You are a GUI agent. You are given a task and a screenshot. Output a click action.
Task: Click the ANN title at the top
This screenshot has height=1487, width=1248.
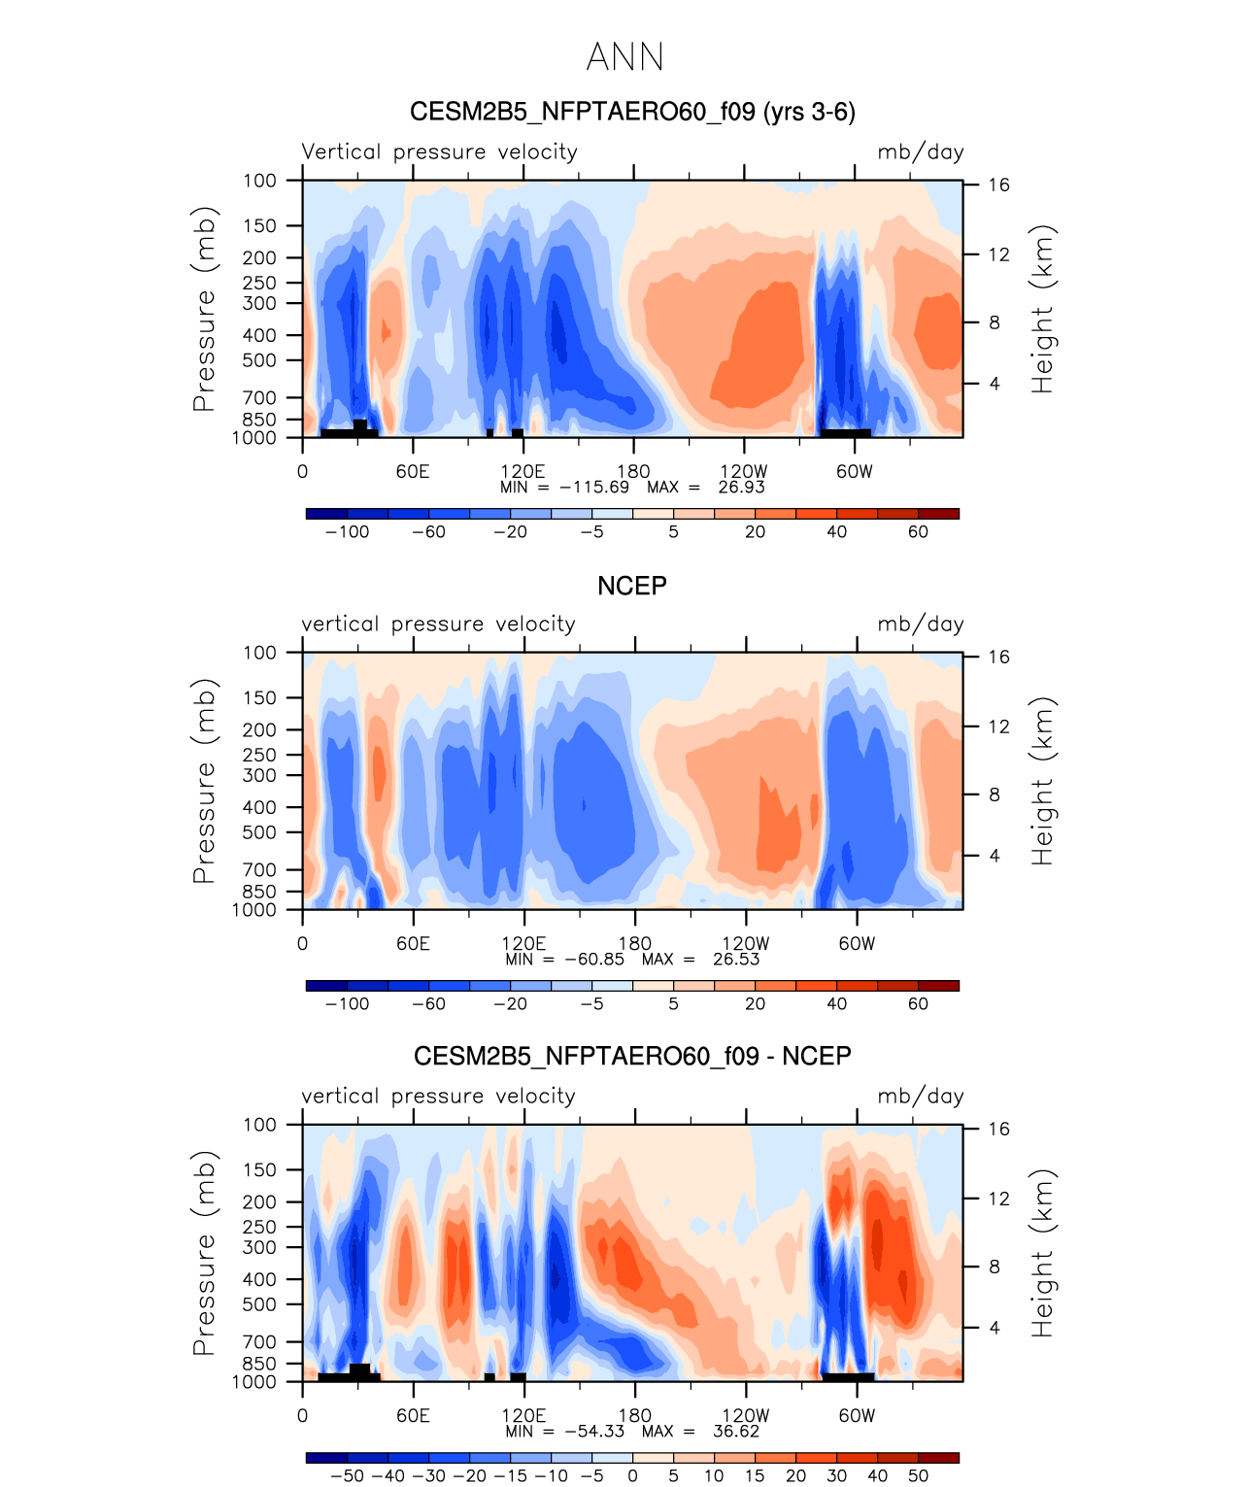624,57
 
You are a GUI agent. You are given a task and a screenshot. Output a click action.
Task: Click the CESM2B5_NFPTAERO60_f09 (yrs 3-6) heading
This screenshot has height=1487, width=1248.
632,112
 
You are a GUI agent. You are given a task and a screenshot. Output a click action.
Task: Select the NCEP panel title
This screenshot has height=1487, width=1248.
632,586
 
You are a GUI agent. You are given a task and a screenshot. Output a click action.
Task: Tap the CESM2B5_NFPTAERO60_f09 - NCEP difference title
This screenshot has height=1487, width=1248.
632,1056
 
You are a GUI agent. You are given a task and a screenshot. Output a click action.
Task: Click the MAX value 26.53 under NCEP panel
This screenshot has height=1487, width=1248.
736,960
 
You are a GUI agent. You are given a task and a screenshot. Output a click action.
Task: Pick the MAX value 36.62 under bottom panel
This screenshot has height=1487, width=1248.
736,1432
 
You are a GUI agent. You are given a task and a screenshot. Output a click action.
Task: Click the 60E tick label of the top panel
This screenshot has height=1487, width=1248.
413,471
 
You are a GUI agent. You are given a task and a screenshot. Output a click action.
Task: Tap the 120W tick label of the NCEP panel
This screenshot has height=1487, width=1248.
745,944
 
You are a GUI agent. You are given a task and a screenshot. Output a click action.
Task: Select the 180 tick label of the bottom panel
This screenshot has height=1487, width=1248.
634,1416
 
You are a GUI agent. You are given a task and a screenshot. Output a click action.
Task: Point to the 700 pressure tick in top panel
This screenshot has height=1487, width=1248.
258,397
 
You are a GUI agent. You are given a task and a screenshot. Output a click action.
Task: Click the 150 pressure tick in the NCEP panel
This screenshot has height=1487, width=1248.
258,698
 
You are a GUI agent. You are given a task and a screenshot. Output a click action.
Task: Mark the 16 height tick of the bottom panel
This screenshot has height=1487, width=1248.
998,1129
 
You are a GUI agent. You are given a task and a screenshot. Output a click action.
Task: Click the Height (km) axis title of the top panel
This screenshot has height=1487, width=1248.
1041,309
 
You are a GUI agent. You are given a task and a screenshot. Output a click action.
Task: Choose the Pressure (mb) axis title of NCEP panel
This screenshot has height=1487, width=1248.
204,781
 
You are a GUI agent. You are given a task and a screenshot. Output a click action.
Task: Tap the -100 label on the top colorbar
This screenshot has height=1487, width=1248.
347,532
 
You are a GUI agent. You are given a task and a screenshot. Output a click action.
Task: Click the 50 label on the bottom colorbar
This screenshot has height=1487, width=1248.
918,1475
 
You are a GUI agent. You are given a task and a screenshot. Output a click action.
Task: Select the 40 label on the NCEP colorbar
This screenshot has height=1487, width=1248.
836,1004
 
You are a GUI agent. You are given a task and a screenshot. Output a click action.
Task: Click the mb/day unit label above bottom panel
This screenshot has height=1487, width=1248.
921,1096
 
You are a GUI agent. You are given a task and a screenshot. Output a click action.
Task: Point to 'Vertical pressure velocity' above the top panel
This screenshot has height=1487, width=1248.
439,152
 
